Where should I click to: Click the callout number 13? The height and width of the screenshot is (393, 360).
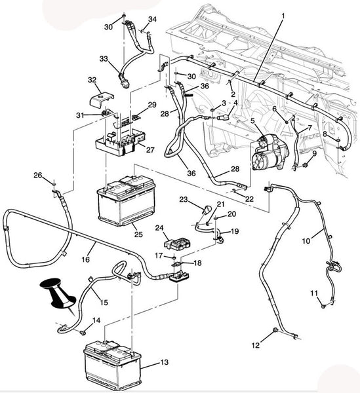coord(165,362)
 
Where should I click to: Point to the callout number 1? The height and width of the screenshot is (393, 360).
coord(283,16)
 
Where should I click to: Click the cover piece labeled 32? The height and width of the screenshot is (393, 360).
coord(102,100)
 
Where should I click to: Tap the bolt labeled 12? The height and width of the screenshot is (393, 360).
coord(275,330)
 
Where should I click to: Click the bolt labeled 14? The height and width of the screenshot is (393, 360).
coord(82,332)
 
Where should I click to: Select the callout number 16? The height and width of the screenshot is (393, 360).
coord(86,259)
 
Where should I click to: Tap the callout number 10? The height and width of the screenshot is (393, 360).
coord(306,241)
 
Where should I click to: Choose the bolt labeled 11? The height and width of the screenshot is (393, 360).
coord(323,306)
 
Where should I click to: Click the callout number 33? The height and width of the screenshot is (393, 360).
coord(104,59)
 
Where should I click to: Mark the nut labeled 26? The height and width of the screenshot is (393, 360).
coord(54,185)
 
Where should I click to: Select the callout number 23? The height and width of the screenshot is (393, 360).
coord(184,200)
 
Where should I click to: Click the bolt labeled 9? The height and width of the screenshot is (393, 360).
coord(306,165)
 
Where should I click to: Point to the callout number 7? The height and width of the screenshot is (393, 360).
coord(310,128)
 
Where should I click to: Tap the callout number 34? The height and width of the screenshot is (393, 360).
coord(152,19)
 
